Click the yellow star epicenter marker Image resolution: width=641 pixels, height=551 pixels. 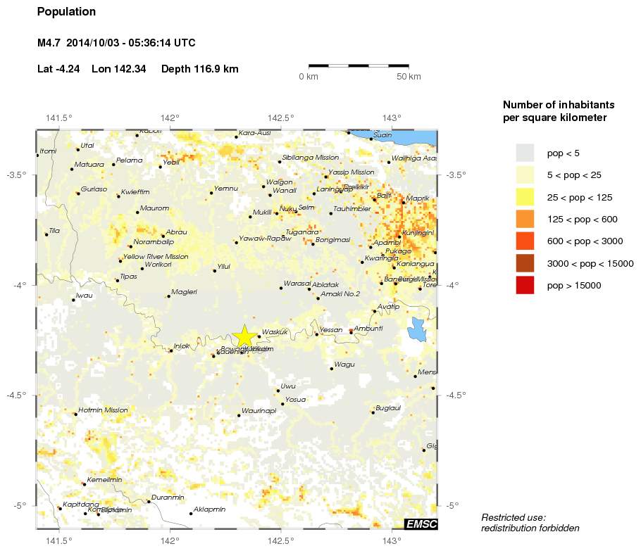244,336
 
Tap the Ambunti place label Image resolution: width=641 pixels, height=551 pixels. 368,329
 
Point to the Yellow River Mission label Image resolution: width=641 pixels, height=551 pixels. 156,257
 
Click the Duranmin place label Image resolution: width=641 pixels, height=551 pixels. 168,498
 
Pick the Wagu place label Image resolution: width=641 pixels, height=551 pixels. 344,365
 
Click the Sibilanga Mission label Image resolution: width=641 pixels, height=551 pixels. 310,158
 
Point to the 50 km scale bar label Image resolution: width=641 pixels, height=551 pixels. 409,76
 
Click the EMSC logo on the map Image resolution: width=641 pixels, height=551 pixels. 421,524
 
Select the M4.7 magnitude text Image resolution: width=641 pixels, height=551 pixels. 48,44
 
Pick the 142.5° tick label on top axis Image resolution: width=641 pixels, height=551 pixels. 284,118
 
